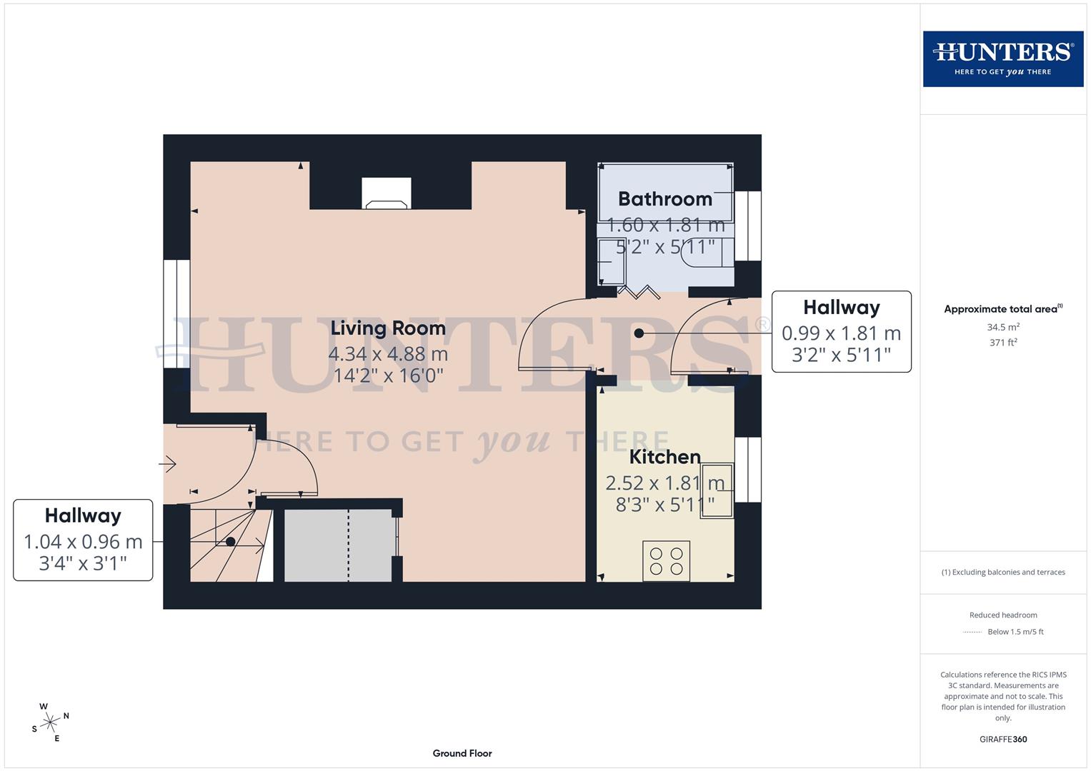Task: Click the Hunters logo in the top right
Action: (1002, 59)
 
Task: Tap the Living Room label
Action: (388, 328)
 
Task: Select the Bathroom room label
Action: (664, 199)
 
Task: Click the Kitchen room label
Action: (664, 457)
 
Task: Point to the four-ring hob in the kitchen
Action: (666, 561)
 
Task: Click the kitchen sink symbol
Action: (717, 490)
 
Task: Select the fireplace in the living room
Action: (387, 194)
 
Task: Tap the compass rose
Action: (50, 722)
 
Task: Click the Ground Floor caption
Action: (462, 753)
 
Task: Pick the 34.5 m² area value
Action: (1002, 327)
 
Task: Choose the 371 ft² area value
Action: (1002, 343)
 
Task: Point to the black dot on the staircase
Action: (231, 542)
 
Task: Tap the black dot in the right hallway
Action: (639, 333)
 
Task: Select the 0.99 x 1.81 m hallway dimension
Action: (841, 333)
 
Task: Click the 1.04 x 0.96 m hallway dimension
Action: (83, 542)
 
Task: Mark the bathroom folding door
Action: (638, 291)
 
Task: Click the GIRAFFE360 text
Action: (1002, 739)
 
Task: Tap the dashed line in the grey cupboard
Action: (349, 545)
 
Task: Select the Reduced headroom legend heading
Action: (1002, 615)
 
